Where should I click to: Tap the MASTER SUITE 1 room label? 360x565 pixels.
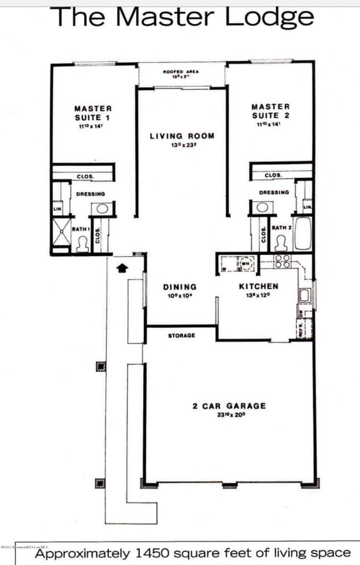click(93, 113)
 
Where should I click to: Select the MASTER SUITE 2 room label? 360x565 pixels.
click(270, 111)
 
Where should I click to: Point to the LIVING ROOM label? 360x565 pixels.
click(182, 136)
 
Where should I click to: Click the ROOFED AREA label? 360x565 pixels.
click(181, 72)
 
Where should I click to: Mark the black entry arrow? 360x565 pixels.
click(122, 268)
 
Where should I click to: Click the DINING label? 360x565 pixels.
click(179, 287)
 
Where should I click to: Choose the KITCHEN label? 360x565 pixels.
click(258, 286)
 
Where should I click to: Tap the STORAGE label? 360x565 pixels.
click(182, 335)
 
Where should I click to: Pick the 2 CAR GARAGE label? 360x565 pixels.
click(229, 406)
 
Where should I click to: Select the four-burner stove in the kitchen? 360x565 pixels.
click(281, 261)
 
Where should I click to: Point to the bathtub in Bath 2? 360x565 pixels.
click(304, 234)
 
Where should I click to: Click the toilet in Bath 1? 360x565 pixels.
click(83, 245)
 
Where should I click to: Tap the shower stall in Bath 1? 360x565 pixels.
click(61, 235)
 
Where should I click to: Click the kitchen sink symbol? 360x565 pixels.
click(304, 295)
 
